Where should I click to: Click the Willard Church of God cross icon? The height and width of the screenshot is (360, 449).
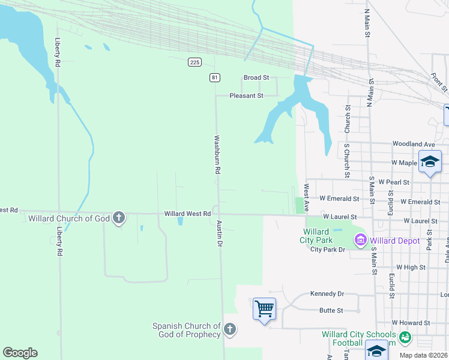pyautogui.click(x=119, y=217)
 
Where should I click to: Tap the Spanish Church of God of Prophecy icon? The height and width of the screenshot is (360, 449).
pyautogui.click(x=230, y=329)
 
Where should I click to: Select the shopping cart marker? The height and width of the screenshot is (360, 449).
pyautogui.click(x=264, y=309)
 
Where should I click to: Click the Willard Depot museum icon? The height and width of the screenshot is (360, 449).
pyautogui.click(x=361, y=241)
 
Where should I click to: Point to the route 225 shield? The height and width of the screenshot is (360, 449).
pyautogui.click(x=194, y=62)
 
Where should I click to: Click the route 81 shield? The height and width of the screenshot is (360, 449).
pyautogui.click(x=215, y=77)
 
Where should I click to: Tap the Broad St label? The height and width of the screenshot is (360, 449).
pyautogui.click(x=256, y=78)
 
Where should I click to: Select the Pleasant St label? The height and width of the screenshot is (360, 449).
pyautogui.click(x=247, y=95)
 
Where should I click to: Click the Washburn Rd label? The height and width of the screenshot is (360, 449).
pyautogui.click(x=218, y=154)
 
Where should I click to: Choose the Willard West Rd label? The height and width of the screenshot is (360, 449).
pyautogui.click(x=188, y=214)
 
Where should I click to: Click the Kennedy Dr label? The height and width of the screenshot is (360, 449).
pyautogui.click(x=327, y=294)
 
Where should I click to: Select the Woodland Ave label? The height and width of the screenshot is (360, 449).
pyautogui.click(x=413, y=144)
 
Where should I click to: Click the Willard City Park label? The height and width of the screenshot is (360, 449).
pyautogui.click(x=316, y=236)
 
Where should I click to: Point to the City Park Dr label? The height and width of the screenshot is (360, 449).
pyautogui.click(x=328, y=250)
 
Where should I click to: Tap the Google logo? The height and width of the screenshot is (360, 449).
pyautogui.click(x=20, y=353)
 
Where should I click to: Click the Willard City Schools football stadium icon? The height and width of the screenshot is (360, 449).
pyautogui.click(x=405, y=337)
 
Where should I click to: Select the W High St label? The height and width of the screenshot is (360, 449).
pyautogui.click(x=411, y=267)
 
